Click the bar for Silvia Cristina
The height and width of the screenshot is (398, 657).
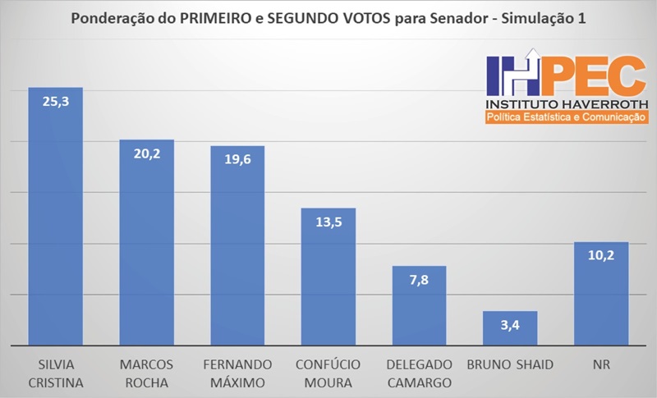tap(56, 222)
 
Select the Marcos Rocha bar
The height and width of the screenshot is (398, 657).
tap(147, 246)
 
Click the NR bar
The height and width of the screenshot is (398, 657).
tap(600, 295)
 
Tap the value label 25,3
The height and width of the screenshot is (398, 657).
tap(56, 101)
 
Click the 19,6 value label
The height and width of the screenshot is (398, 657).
tap(237, 159)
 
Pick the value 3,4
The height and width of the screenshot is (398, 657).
tap(509, 325)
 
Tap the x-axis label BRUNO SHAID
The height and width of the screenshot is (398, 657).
tap(509, 364)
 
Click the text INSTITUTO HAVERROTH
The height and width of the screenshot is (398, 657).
tap(567, 105)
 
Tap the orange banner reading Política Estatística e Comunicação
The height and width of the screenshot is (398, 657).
tap(567, 118)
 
